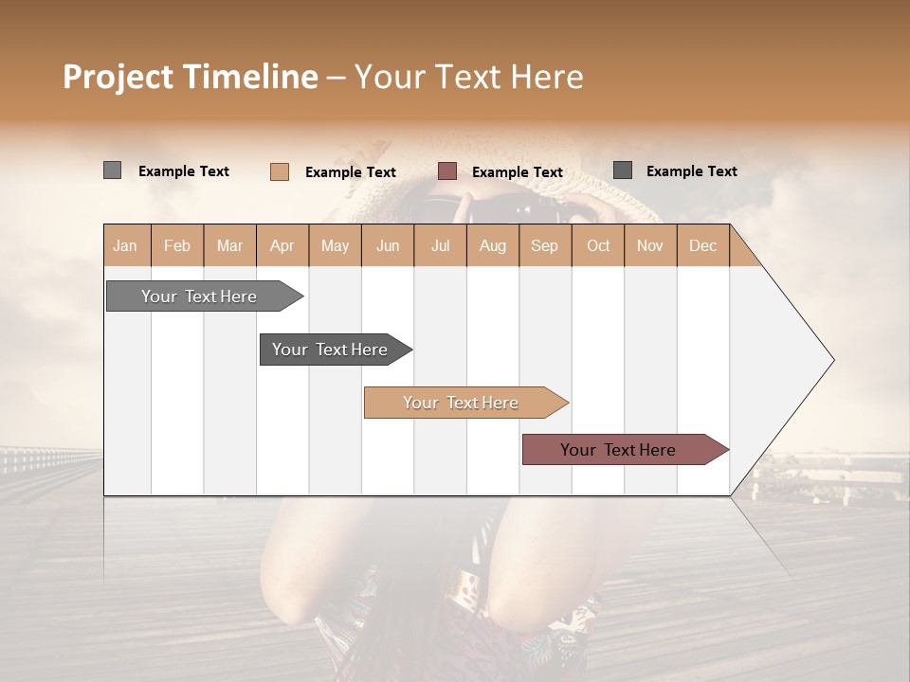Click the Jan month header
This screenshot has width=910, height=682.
pyautogui.click(x=126, y=245)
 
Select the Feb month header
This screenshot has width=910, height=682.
pyautogui.click(x=177, y=245)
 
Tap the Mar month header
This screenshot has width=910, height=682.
pyautogui.click(x=229, y=245)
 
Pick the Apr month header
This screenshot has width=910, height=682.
pyautogui.click(x=282, y=245)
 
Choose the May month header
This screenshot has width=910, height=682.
pyautogui.click(x=335, y=245)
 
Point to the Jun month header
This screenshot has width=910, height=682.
pyautogui.click(x=388, y=245)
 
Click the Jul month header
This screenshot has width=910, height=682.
pyautogui.click(x=440, y=245)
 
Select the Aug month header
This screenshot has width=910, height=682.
pyautogui.click(x=493, y=245)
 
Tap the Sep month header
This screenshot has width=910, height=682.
pyautogui.click(x=545, y=245)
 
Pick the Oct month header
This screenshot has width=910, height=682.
pyautogui.click(x=598, y=245)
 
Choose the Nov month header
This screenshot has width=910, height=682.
pyautogui.click(x=650, y=245)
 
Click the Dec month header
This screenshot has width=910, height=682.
pyautogui.click(x=703, y=245)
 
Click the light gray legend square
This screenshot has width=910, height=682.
pyautogui.click(x=112, y=170)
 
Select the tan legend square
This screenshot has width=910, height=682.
pyautogui.click(x=279, y=171)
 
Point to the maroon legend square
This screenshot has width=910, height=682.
pyautogui.click(x=447, y=171)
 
